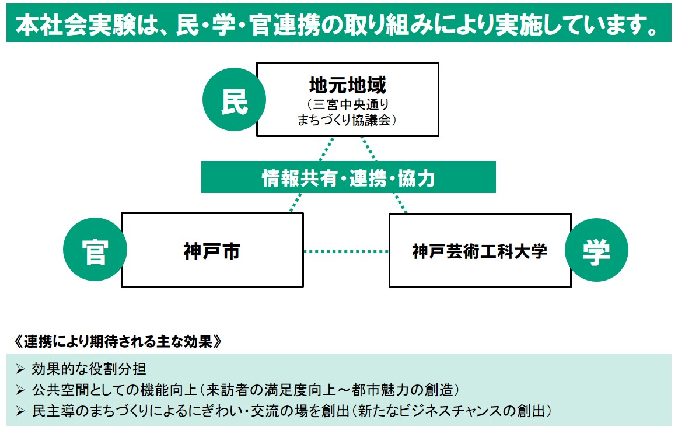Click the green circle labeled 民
pyautogui.click(x=234, y=100)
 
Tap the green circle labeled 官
pyautogui.click(x=95, y=249)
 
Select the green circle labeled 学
pyautogui.click(x=596, y=250)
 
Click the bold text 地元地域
pyautogui.click(x=348, y=85)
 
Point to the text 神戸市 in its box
pyautogui.click(x=212, y=251)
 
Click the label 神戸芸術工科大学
pyautogui.click(x=480, y=251)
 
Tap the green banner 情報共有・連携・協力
pyautogui.click(x=348, y=177)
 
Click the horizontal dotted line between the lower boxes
pyautogui.click(x=346, y=251)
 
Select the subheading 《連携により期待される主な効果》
pyautogui.click(x=118, y=341)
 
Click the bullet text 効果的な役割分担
pyautogui.click(x=89, y=369)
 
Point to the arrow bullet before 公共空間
pyautogui.click(x=20, y=390)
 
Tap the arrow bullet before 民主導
pyautogui.click(x=20, y=411)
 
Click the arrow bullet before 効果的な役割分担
pyautogui.click(x=20, y=369)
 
